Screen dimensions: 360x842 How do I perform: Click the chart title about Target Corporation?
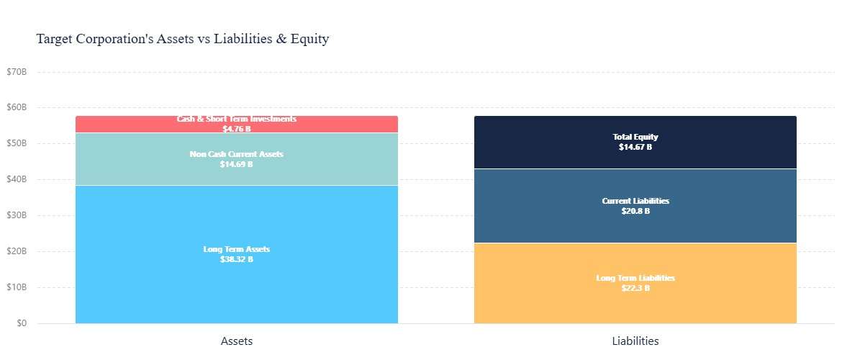tap(183, 39)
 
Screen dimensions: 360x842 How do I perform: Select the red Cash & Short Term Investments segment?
tap(236, 124)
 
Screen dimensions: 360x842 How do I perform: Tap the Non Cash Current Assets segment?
tap(236, 159)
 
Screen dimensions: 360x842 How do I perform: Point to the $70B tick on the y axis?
tap(17, 72)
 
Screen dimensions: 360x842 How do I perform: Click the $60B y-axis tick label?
tap(17, 107)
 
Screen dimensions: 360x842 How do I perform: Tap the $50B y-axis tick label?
tap(17, 143)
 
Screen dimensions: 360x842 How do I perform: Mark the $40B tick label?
tap(17, 179)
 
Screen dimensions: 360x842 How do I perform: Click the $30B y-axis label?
tap(17, 215)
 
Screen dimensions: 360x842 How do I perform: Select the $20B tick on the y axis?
tap(17, 251)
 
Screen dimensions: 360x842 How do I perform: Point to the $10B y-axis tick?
tap(17, 287)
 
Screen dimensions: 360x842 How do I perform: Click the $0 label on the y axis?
tap(22, 323)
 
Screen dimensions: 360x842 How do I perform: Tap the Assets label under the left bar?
tap(236, 341)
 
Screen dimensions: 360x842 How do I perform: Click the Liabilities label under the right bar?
tap(635, 341)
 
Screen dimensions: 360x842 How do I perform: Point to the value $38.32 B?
tap(236, 259)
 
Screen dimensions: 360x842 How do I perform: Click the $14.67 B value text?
tap(635, 147)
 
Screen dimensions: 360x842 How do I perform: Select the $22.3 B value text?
tap(635, 288)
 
